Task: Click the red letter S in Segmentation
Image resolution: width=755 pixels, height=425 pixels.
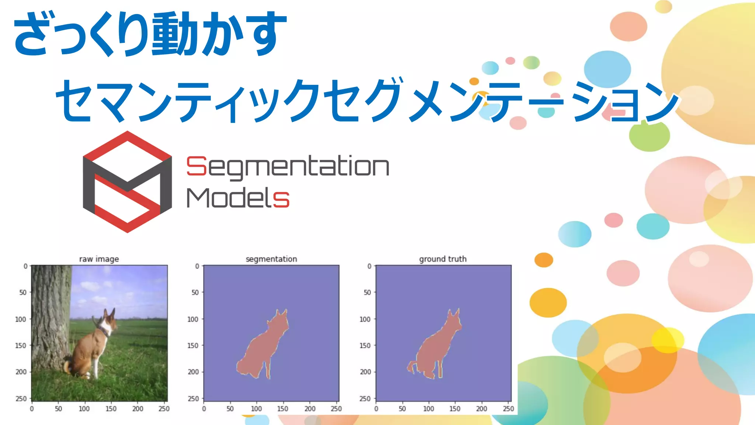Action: (196, 166)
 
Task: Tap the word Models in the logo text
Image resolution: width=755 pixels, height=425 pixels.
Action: (238, 198)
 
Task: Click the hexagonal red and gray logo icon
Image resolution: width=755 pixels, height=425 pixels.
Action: (127, 182)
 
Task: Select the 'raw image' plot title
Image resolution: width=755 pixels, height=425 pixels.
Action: (99, 259)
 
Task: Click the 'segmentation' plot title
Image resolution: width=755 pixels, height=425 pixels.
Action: (271, 259)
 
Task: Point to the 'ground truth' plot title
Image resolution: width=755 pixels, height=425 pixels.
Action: (443, 259)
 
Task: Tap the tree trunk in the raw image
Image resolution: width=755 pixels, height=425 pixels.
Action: (50, 314)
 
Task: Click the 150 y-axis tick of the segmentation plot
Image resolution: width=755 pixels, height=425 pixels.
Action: (193, 345)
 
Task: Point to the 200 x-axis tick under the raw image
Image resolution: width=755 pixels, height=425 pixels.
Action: (138, 409)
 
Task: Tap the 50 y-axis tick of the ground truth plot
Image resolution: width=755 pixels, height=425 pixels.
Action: (367, 292)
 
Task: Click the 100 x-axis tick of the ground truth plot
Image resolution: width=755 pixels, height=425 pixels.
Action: (428, 409)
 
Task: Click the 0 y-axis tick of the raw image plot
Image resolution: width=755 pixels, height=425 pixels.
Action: (25, 266)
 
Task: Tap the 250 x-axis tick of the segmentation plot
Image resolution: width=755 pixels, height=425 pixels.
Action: (336, 409)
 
